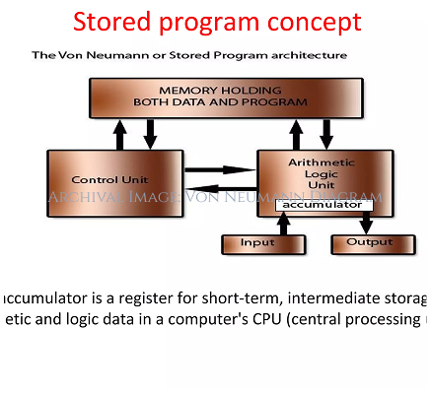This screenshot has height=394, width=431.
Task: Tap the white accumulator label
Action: (x=324, y=206)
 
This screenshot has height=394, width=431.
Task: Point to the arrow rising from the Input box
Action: (x=284, y=224)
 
